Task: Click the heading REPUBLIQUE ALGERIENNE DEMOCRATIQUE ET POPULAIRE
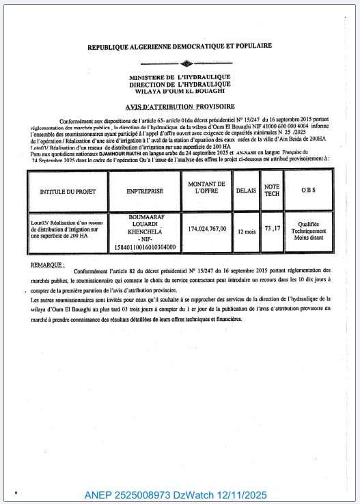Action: pos(180,46)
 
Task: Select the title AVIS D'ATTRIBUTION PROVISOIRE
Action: pos(180,107)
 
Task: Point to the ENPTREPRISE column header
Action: pos(144,191)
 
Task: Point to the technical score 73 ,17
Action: pos(273,228)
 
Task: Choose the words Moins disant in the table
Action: pos(308,238)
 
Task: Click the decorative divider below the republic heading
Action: pos(180,63)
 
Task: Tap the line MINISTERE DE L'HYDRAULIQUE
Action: pos(180,77)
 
